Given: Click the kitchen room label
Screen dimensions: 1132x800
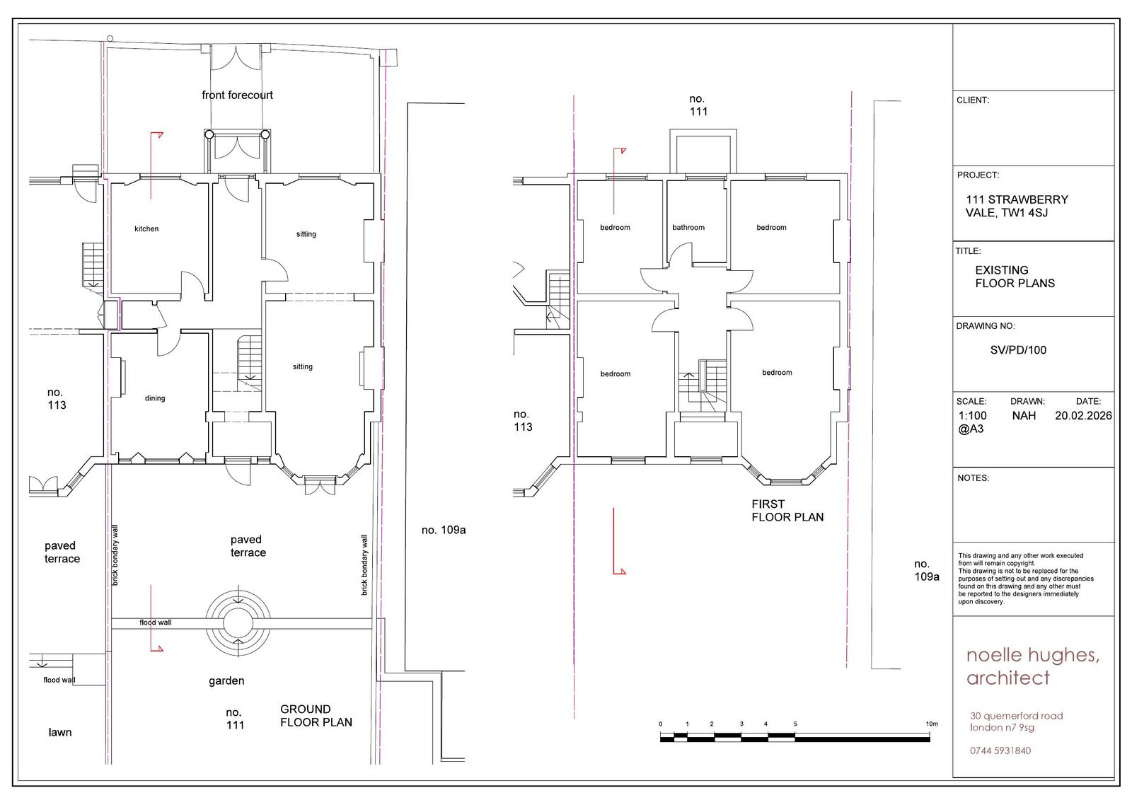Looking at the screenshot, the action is click(x=146, y=229).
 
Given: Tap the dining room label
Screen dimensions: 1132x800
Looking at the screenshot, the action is click(x=155, y=398).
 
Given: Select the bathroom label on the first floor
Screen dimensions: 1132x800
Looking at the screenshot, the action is click(x=688, y=228).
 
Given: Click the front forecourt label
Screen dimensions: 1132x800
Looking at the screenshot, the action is click(x=237, y=95).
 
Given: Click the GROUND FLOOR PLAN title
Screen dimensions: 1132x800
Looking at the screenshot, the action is click(x=316, y=716).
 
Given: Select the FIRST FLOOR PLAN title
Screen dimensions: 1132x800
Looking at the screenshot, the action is click(x=787, y=511).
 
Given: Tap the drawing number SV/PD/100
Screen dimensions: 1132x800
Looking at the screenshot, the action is click(x=1018, y=349).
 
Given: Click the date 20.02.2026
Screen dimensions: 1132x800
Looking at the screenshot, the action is click(x=1083, y=415).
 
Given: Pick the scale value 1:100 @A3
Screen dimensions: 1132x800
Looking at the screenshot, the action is click(x=972, y=422).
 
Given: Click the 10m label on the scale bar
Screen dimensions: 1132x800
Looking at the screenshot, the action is click(x=932, y=724).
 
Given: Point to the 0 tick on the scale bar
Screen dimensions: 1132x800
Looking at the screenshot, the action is click(x=661, y=724).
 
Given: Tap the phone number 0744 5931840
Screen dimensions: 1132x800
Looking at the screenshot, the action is click(x=1000, y=750).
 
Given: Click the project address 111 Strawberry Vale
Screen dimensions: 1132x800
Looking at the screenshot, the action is click(x=1017, y=207).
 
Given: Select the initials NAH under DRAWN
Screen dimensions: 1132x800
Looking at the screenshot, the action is click(x=1024, y=415).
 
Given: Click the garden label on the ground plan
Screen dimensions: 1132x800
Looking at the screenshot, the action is click(x=226, y=681).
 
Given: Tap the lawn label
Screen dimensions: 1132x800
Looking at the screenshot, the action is click(x=59, y=732).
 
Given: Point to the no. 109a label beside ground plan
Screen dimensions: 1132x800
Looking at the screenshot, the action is click(x=444, y=530).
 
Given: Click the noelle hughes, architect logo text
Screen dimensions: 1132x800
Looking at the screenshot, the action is click(x=1032, y=666).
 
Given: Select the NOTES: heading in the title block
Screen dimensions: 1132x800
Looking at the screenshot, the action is click(x=973, y=477).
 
